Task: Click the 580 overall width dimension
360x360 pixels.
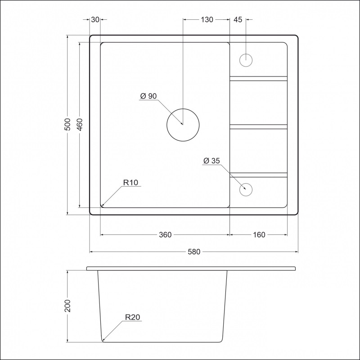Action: tap(193, 252)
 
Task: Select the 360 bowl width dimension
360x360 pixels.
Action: tap(165, 234)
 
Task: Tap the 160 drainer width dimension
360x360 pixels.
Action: tap(259, 234)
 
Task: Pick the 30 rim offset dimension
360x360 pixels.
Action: tap(95, 20)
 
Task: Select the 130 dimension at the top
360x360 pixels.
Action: tap(207, 20)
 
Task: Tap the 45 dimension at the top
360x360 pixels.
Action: tap(238, 20)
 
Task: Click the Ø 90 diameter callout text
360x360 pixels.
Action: tap(148, 96)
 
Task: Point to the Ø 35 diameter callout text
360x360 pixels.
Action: tap(211, 161)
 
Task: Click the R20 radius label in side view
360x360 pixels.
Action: tap(133, 317)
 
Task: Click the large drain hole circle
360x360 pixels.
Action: tap(183, 125)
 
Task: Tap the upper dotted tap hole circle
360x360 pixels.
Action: tap(246, 60)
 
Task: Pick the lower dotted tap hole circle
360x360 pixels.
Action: tap(246, 189)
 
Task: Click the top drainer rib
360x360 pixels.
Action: tap(258, 78)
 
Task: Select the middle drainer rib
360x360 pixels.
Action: tap(258, 126)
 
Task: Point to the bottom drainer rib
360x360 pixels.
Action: tap(258, 175)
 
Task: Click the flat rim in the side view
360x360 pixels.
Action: tap(192, 269)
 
